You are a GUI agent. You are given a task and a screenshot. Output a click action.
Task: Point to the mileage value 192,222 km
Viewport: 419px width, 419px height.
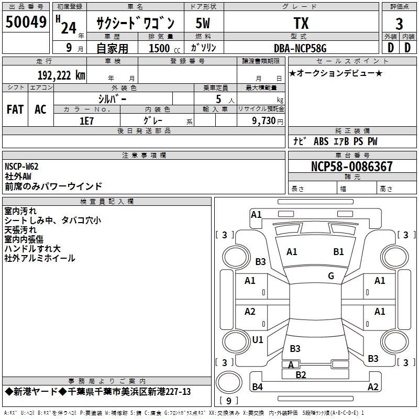coord(61,74)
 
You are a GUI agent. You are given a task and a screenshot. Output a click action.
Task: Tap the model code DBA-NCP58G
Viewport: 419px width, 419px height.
coord(300,48)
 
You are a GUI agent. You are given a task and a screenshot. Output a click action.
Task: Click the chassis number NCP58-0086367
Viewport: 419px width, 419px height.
coord(351,167)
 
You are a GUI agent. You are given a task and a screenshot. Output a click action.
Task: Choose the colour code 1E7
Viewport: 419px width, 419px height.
coord(86,120)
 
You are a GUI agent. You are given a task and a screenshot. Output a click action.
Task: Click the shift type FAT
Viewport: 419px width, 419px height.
coord(15,109)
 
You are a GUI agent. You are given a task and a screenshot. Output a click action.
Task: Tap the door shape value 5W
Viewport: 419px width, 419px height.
coord(203,23)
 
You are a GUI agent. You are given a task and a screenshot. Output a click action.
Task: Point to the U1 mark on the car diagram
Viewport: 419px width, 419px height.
coord(258,340)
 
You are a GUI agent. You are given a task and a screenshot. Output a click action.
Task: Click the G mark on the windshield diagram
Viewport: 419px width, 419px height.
coord(331,276)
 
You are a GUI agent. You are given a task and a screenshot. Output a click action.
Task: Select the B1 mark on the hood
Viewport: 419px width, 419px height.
coord(339,252)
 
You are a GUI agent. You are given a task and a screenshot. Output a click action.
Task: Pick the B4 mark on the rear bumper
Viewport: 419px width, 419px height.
coord(257,387)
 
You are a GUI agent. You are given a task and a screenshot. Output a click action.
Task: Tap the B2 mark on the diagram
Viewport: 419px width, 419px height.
coord(301,374)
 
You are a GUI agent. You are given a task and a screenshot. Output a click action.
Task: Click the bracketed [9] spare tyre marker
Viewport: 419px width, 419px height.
coord(228,401)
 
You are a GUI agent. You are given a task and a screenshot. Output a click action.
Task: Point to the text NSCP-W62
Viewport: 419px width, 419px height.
coord(21,167)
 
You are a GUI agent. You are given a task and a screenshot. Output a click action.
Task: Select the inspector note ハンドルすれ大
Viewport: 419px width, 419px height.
coord(32,249)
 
